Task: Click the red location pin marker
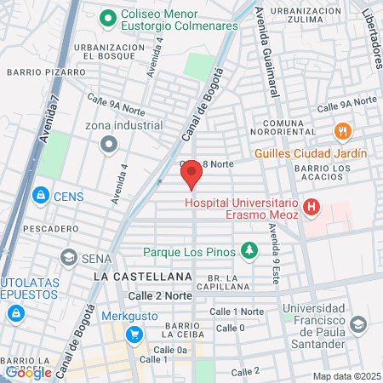pos(191,174)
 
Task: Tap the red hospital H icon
pos(312,206)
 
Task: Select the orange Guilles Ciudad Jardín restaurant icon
pos(343,131)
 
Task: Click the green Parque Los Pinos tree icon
pos(249,251)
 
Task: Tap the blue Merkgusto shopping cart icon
pos(134,334)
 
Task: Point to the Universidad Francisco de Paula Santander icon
pos(359,324)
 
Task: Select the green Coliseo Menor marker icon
pos(107,16)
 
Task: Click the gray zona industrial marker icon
pos(107,145)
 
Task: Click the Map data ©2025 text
pos(346,376)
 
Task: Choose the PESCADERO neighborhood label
pos(28,229)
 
